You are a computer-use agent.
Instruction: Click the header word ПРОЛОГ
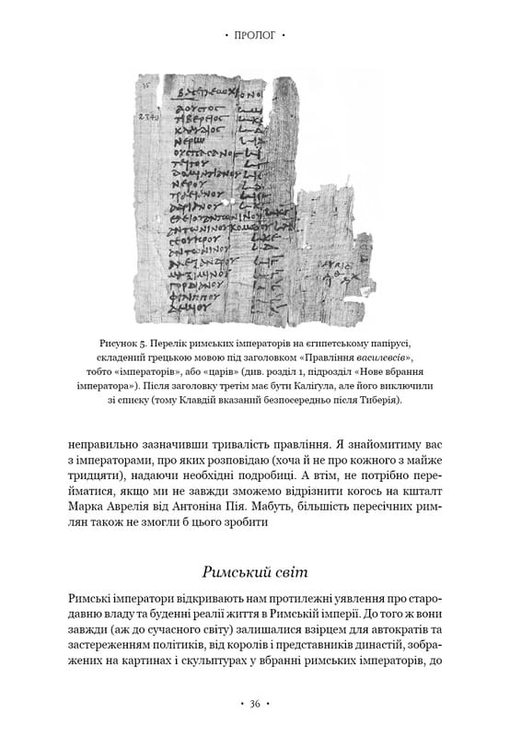pyautogui.click(x=255, y=36)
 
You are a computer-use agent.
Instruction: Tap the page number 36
pyautogui.click(x=255, y=704)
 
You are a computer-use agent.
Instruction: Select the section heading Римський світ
pyautogui.click(x=255, y=562)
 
